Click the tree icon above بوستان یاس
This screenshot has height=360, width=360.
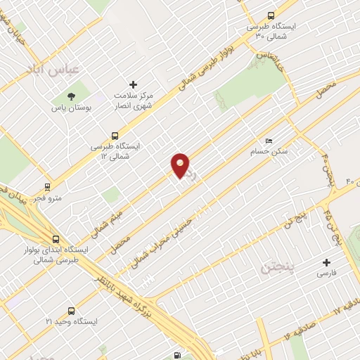[70, 96]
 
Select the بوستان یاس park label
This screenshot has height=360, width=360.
[69, 108]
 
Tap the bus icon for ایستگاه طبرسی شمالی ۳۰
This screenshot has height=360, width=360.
[271, 15]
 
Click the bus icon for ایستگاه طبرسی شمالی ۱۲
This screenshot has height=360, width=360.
[115, 136]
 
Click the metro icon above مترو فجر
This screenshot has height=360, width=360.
[47, 187]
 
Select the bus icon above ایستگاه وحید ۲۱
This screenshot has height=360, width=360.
[71, 310]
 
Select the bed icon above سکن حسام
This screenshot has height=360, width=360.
[268, 141]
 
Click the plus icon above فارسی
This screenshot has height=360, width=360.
[326, 262]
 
